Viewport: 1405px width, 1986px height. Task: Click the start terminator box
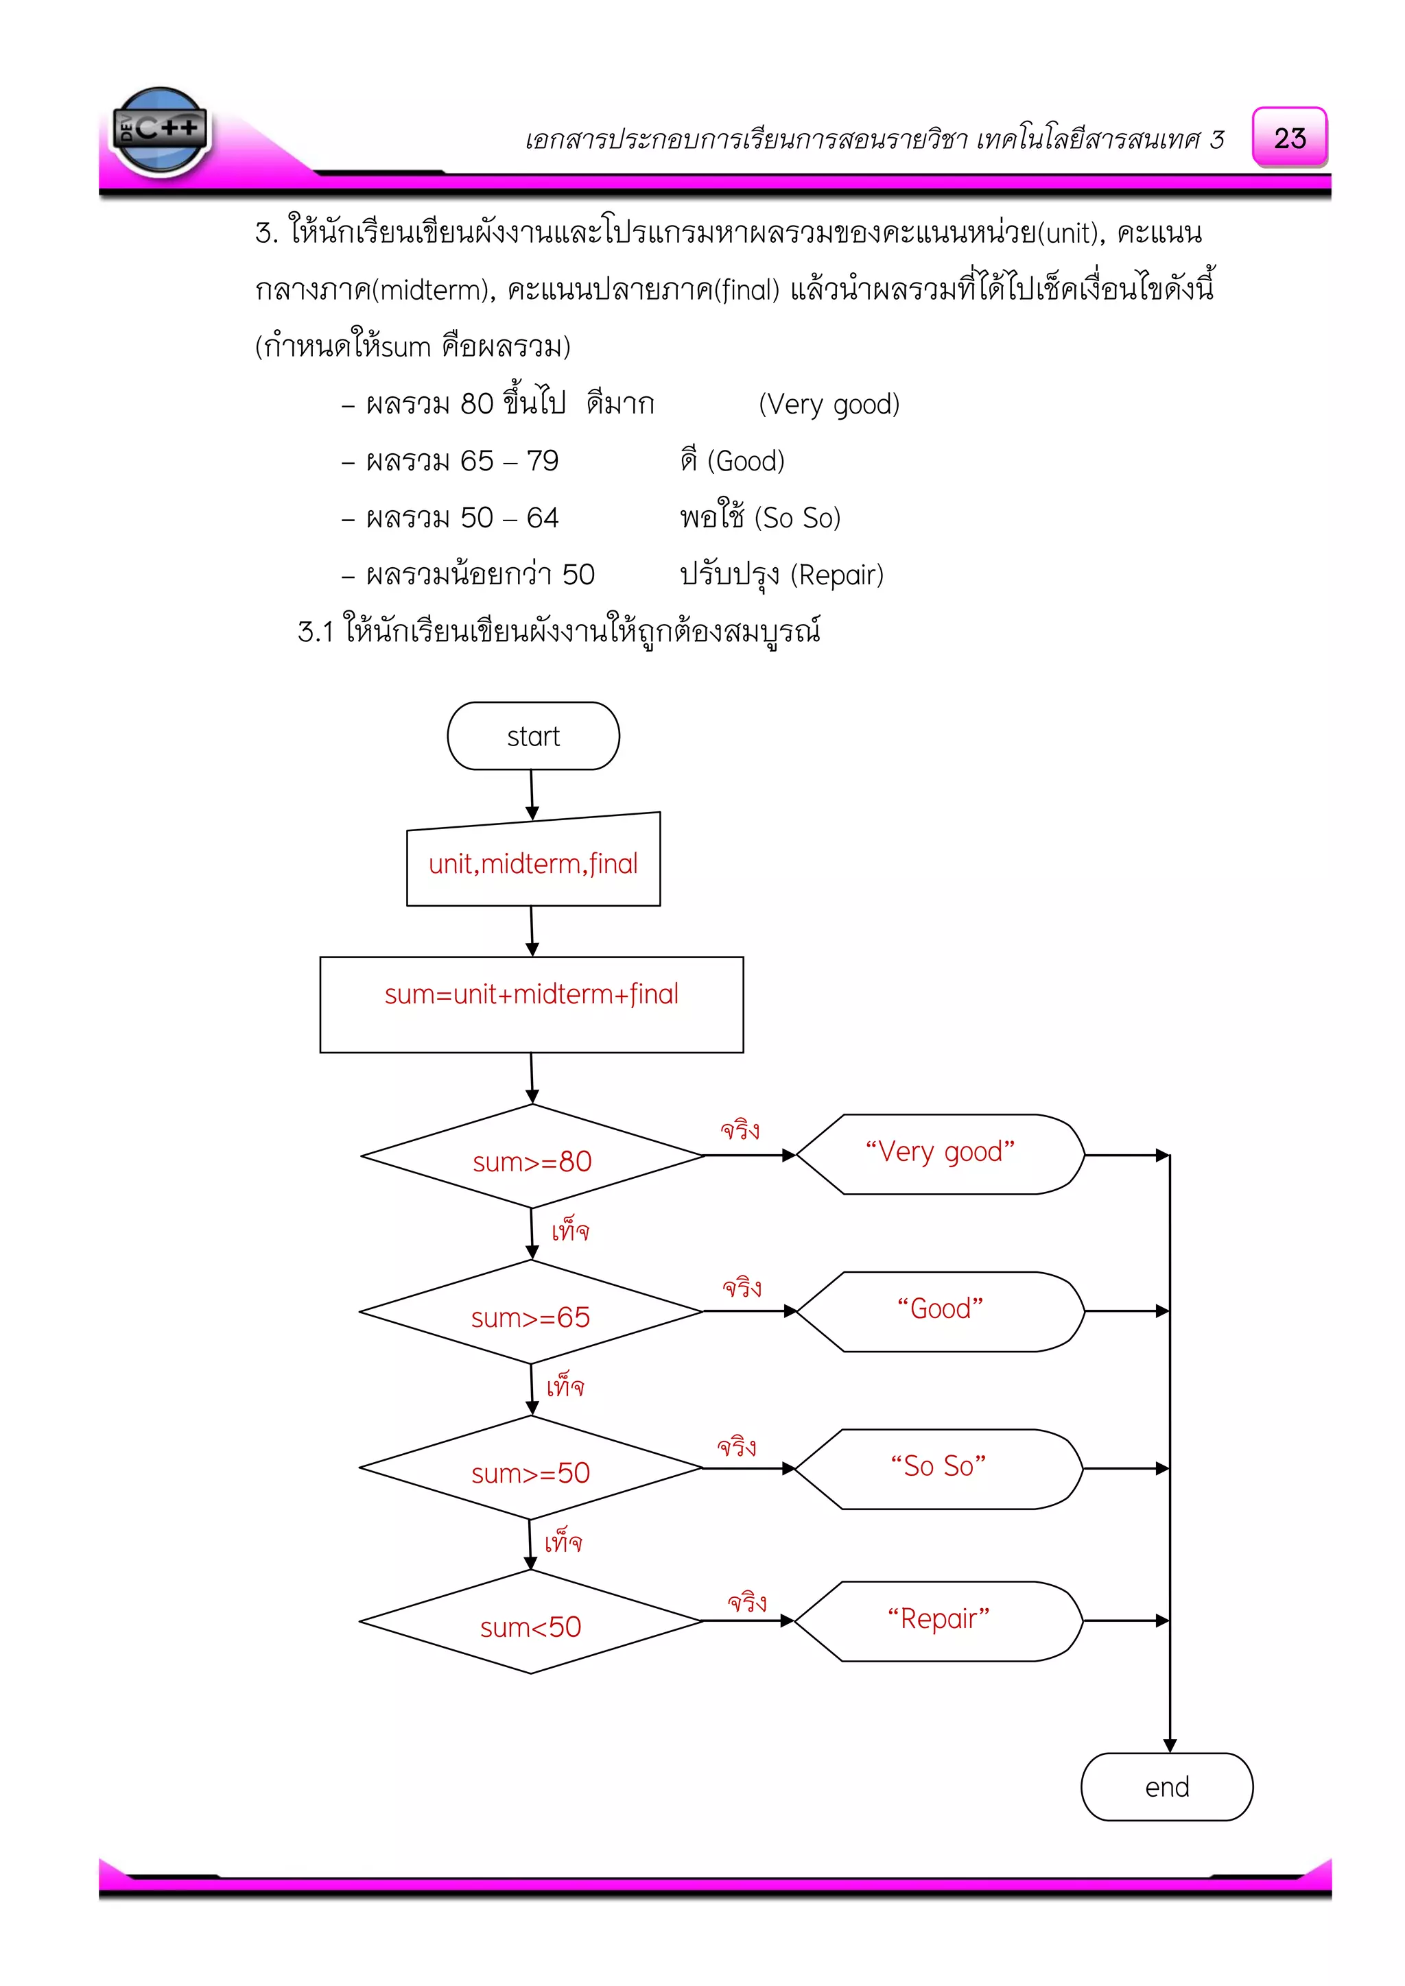coord(533,736)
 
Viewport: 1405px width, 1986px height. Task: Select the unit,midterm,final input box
coord(533,863)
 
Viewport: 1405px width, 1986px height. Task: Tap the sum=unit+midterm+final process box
coord(531,1004)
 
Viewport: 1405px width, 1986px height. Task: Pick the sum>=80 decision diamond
coord(532,1156)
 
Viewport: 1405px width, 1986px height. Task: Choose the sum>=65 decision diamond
coord(530,1312)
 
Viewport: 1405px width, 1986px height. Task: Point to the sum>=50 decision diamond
coord(530,1468)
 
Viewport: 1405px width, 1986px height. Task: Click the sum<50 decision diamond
coord(530,1622)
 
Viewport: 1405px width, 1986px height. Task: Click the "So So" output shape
coord(938,1469)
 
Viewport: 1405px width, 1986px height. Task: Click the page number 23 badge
coord(1289,138)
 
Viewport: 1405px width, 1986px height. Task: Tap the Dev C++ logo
coord(160,130)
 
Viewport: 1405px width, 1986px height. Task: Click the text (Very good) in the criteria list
coord(829,404)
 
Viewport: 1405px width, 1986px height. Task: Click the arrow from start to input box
coord(532,794)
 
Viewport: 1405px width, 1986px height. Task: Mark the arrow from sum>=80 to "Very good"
coord(749,1155)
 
